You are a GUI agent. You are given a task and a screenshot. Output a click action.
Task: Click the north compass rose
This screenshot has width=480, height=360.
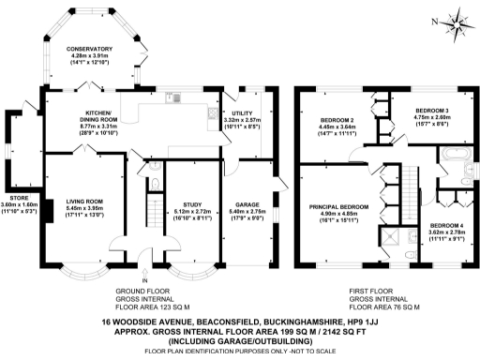point(457,20)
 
